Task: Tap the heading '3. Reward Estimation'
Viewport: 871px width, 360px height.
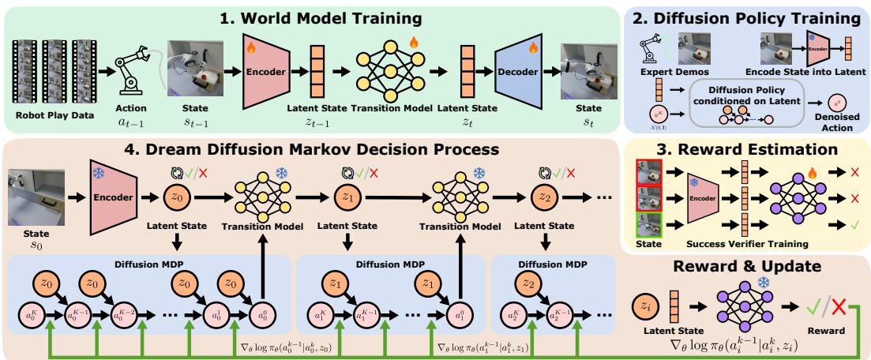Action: pyautogui.click(x=745, y=150)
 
